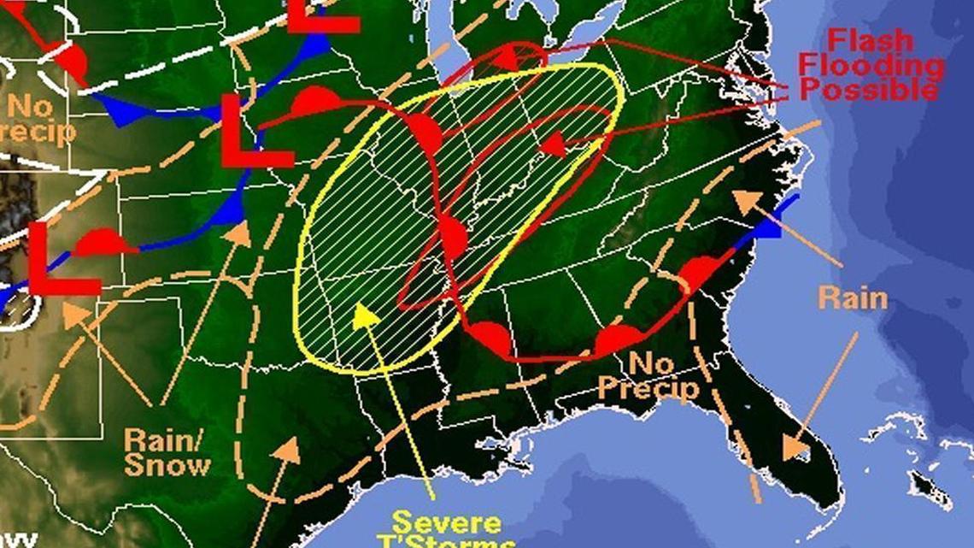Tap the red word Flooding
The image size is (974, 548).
pos(872,65)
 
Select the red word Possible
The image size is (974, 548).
pos(865,89)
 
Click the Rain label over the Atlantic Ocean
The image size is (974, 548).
pos(852,298)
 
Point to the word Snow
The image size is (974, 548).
pos(168,465)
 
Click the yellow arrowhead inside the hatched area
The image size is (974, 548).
pos(366,315)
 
